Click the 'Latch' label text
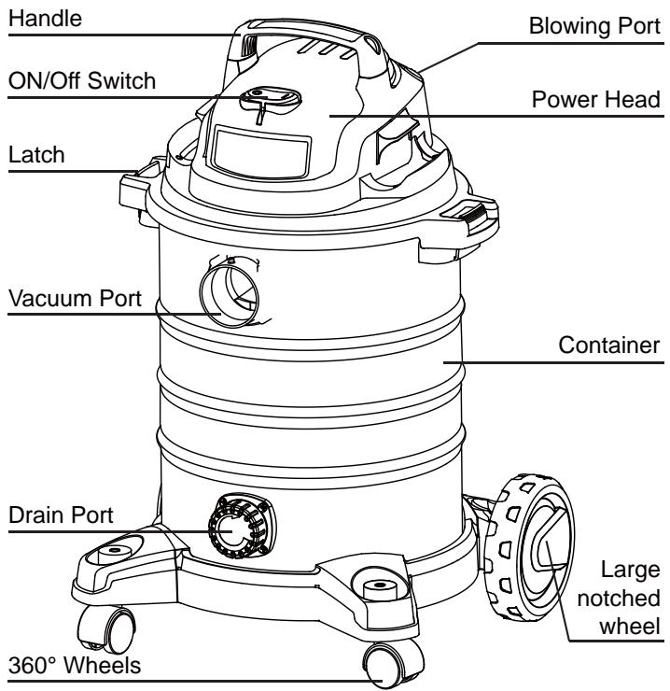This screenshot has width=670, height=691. (x=31, y=156)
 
